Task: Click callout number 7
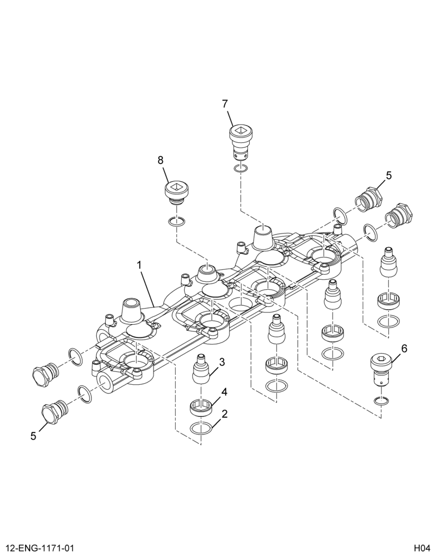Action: coord(225,104)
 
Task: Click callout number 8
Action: coord(161,160)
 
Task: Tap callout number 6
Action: coord(404,349)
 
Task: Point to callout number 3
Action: coord(222,362)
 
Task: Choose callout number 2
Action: coord(224,414)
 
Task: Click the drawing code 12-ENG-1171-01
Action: coord(39,548)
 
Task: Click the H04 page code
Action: coord(423,548)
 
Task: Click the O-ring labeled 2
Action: coord(201,428)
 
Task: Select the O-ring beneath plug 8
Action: coord(176,222)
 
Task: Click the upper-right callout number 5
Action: coord(389,176)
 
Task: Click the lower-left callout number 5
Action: coord(33,436)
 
